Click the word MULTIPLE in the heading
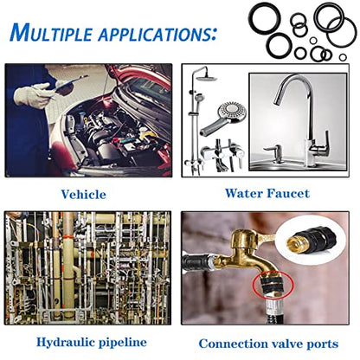tap(51, 32)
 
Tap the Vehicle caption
tap(83, 195)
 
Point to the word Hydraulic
tap(65, 343)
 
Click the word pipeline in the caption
tap(123, 343)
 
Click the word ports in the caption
tap(322, 344)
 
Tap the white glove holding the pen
tap(32, 94)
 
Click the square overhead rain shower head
tap(207, 77)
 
